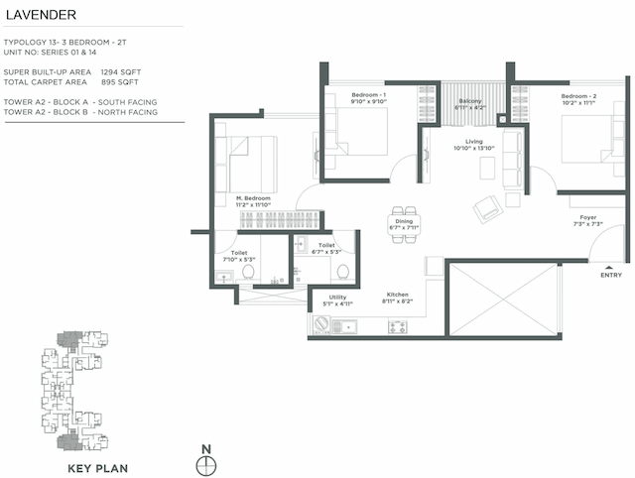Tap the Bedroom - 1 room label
(368, 93)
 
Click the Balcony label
(469, 101)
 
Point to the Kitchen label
(398, 295)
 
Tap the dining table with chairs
(406, 217)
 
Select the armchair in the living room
(487, 209)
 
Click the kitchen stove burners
(399, 325)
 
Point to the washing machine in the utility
(321, 325)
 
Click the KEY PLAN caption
(97, 466)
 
